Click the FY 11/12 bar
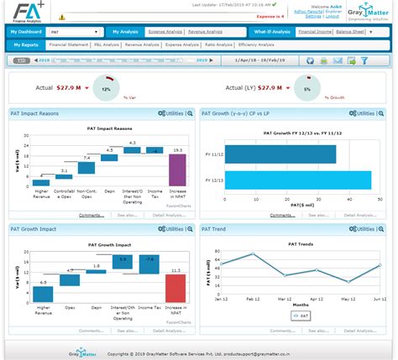click(281, 155)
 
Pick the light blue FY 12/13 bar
click(298, 180)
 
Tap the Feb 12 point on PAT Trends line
click(253, 254)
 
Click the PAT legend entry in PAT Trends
click(300, 316)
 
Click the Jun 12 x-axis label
click(379, 298)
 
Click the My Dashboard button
click(25, 30)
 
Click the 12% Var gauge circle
click(106, 87)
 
